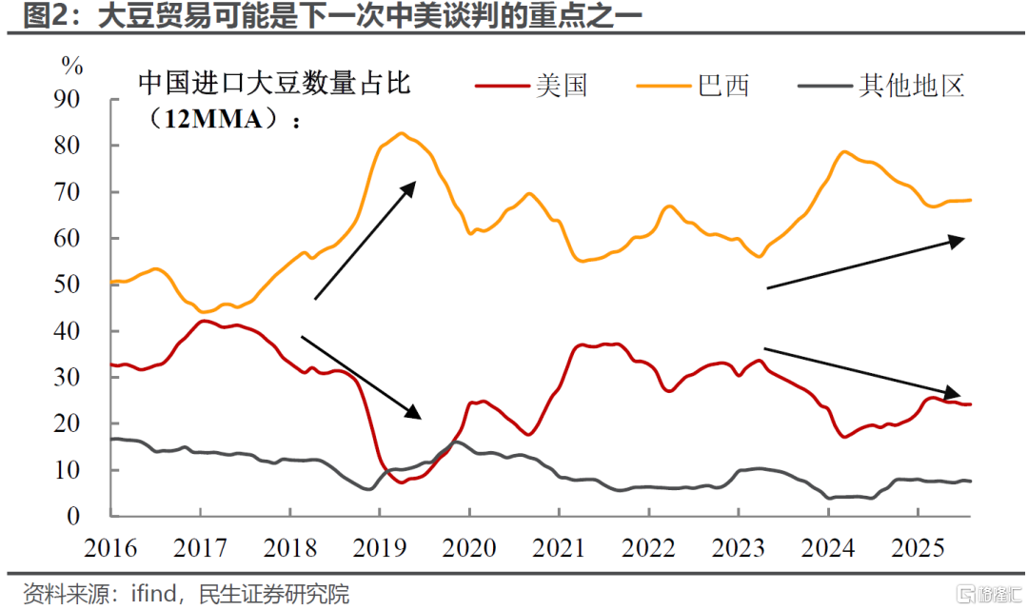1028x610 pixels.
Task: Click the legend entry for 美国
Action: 561,86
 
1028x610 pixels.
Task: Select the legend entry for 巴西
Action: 723,86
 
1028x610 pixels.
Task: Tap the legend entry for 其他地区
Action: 912,86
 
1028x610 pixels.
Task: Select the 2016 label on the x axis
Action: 110,549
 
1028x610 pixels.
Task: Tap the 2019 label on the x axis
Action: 380,549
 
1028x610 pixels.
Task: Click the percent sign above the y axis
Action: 72,66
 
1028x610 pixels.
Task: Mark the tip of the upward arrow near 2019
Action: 416,181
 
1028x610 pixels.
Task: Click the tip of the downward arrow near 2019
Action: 420,417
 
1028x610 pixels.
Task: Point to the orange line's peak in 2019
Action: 400,133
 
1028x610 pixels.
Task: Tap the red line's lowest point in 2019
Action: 402,482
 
